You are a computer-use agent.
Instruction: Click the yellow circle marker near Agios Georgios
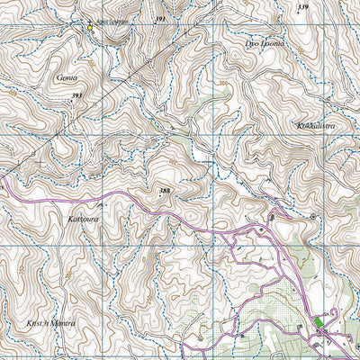(90, 28)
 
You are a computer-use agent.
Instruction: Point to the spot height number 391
(160, 19)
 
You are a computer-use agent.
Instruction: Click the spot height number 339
(302, 7)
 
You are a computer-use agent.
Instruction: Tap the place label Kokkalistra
(314, 126)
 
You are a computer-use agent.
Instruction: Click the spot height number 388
(164, 190)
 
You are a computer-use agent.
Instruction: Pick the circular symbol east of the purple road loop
(312, 217)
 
